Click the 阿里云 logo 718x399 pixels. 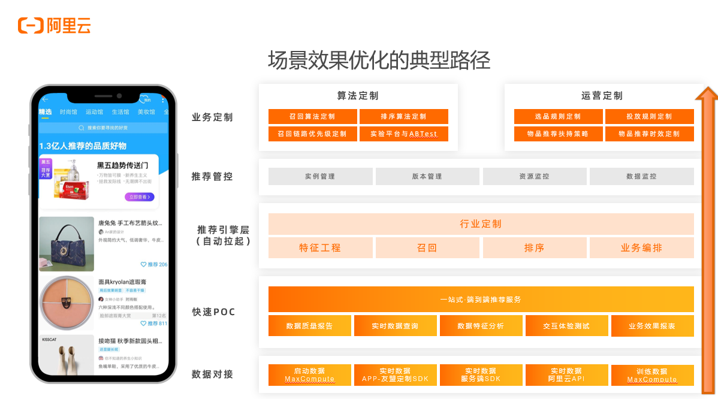point(54,25)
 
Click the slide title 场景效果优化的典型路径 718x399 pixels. point(379,61)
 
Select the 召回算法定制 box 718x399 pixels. point(312,116)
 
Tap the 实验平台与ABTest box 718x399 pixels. point(404,134)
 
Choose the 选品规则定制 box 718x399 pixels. point(558,116)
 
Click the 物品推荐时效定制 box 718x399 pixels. point(649,134)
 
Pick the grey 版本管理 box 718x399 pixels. point(427,176)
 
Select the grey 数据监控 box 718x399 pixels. point(641,176)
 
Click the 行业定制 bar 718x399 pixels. point(481,224)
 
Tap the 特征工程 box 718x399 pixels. point(320,247)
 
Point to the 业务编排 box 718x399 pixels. point(641,247)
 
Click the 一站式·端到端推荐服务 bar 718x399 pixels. point(481,299)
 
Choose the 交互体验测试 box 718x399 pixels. point(566,326)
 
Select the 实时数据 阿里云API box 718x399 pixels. point(566,375)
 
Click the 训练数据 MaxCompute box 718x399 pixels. point(652,375)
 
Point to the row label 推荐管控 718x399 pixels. point(212,177)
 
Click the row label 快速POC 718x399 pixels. point(213,312)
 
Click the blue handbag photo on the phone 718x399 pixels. point(67,244)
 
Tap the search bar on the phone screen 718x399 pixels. point(103,128)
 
